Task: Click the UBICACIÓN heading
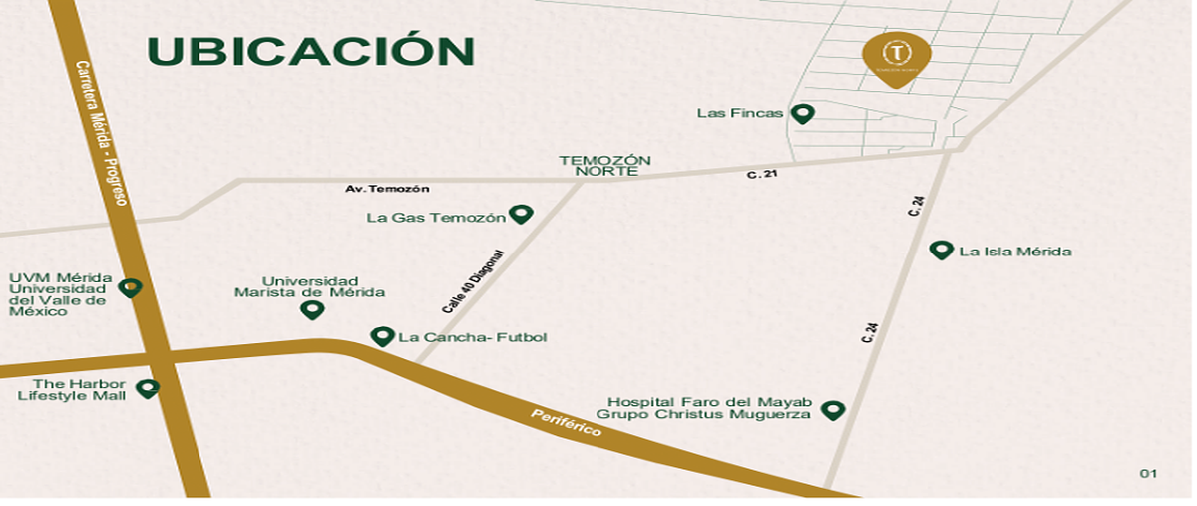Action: coord(310,52)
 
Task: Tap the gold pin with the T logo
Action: coord(897,56)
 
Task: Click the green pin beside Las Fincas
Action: coord(802,113)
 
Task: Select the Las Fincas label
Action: coord(740,114)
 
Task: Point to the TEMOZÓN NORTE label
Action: coord(604,166)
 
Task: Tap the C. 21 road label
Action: coord(761,175)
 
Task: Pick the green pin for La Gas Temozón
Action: coord(521,214)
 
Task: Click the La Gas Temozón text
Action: coord(436,217)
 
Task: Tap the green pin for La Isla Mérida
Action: coord(941,250)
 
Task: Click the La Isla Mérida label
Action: coord(1014,252)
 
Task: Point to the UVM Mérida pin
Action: coord(130,288)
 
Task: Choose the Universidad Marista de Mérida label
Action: coord(309,286)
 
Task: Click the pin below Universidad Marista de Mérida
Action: coord(312,309)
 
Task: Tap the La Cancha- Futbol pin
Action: coord(382,336)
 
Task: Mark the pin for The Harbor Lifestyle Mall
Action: coord(148,388)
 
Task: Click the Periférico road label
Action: coord(566,423)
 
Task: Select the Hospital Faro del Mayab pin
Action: coord(832,409)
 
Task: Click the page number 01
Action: coord(1148,473)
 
